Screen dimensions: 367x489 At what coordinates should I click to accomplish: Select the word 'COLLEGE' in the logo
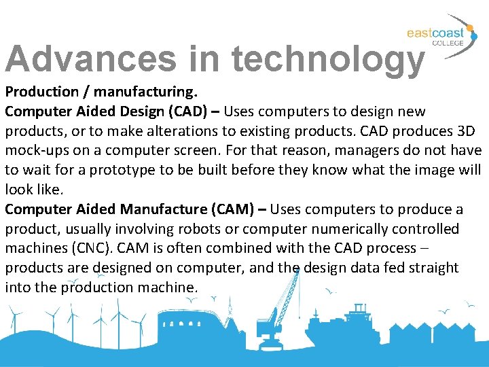[448, 43]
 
